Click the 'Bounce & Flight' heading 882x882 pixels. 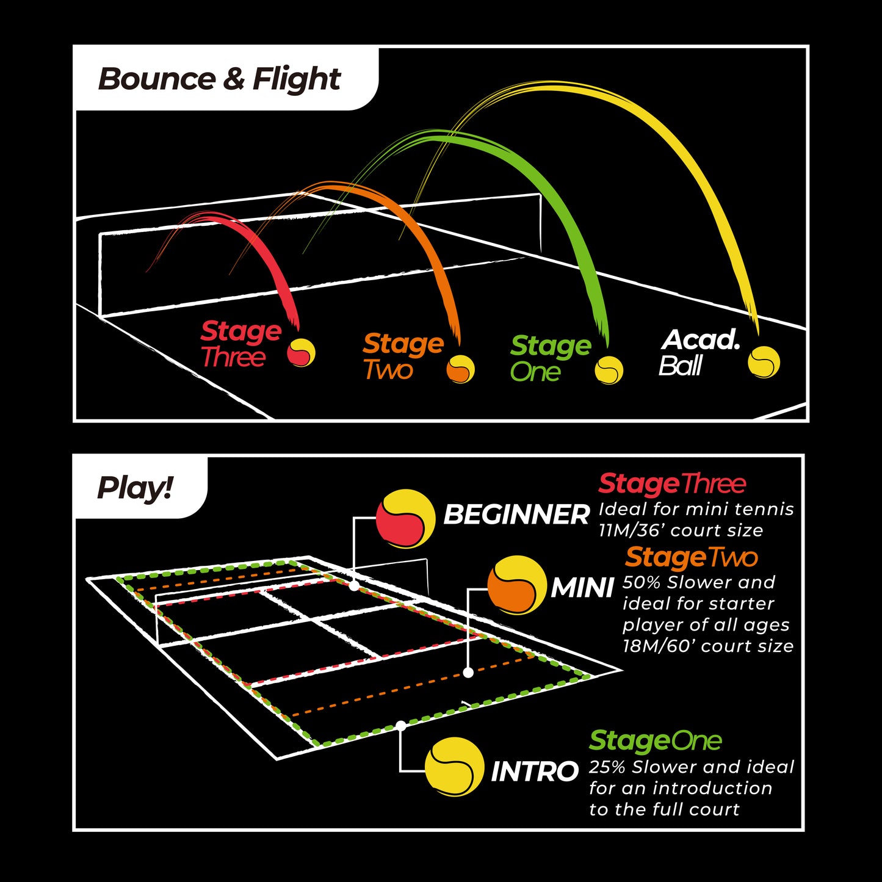[219, 79]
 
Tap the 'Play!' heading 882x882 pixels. [136, 488]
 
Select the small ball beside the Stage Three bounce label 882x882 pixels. [301, 352]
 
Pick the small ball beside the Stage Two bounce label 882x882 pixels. [460, 369]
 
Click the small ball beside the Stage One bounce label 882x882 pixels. [609, 371]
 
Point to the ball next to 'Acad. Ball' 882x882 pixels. [764, 362]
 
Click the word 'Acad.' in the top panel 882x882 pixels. [700, 340]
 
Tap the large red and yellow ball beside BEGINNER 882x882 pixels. [405, 519]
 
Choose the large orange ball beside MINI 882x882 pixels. [517, 585]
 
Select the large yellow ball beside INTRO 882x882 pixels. [455, 767]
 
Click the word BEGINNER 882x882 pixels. [517, 515]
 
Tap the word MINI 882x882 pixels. [582, 588]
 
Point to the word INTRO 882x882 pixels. [535, 772]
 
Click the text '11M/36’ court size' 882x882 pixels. [681, 530]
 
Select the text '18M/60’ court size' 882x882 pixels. [708, 646]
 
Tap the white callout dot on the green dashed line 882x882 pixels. [401, 726]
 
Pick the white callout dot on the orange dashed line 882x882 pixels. [468, 673]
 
